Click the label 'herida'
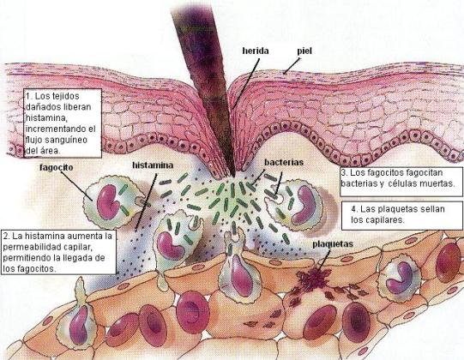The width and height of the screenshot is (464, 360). coord(256,51)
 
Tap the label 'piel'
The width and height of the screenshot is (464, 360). coord(304,51)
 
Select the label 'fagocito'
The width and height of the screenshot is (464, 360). coord(57,167)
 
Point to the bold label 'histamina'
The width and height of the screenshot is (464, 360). coord(153,165)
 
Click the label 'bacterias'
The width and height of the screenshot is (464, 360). coord(284,162)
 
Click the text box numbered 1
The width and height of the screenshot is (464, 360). coord(63,123)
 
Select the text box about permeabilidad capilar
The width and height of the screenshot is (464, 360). coord(58,252)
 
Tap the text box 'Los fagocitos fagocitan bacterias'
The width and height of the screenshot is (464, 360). coord(401,182)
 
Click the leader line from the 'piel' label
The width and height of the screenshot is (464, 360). coord(292,65)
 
